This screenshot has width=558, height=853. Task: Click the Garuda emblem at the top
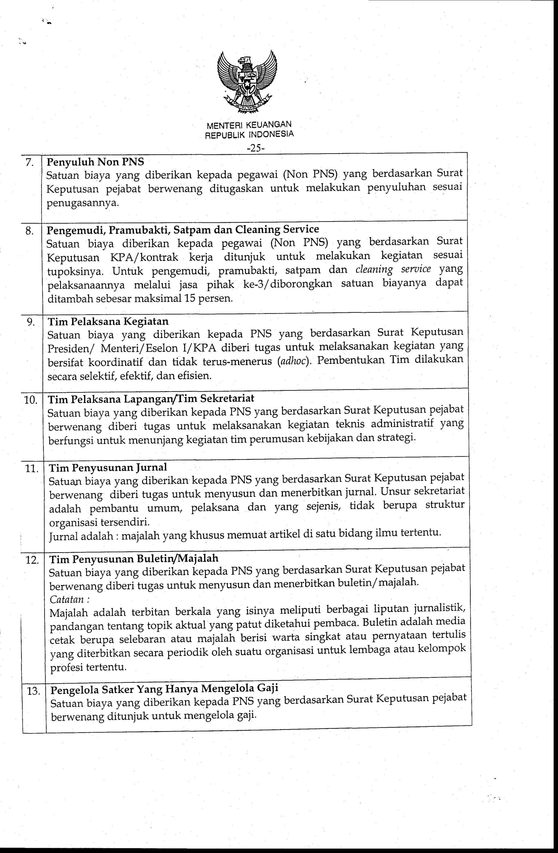(x=247, y=83)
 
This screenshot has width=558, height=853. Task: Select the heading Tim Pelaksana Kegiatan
(x=108, y=321)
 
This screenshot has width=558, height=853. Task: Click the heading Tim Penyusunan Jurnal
(x=108, y=467)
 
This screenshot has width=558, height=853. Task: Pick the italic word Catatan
(x=67, y=599)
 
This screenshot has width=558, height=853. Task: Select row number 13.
(x=33, y=691)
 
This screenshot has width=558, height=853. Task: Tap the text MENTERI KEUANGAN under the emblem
(x=249, y=125)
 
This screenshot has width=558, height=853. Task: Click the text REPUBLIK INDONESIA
(x=249, y=135)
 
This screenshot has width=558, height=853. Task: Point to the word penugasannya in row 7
(x=83, y=203)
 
